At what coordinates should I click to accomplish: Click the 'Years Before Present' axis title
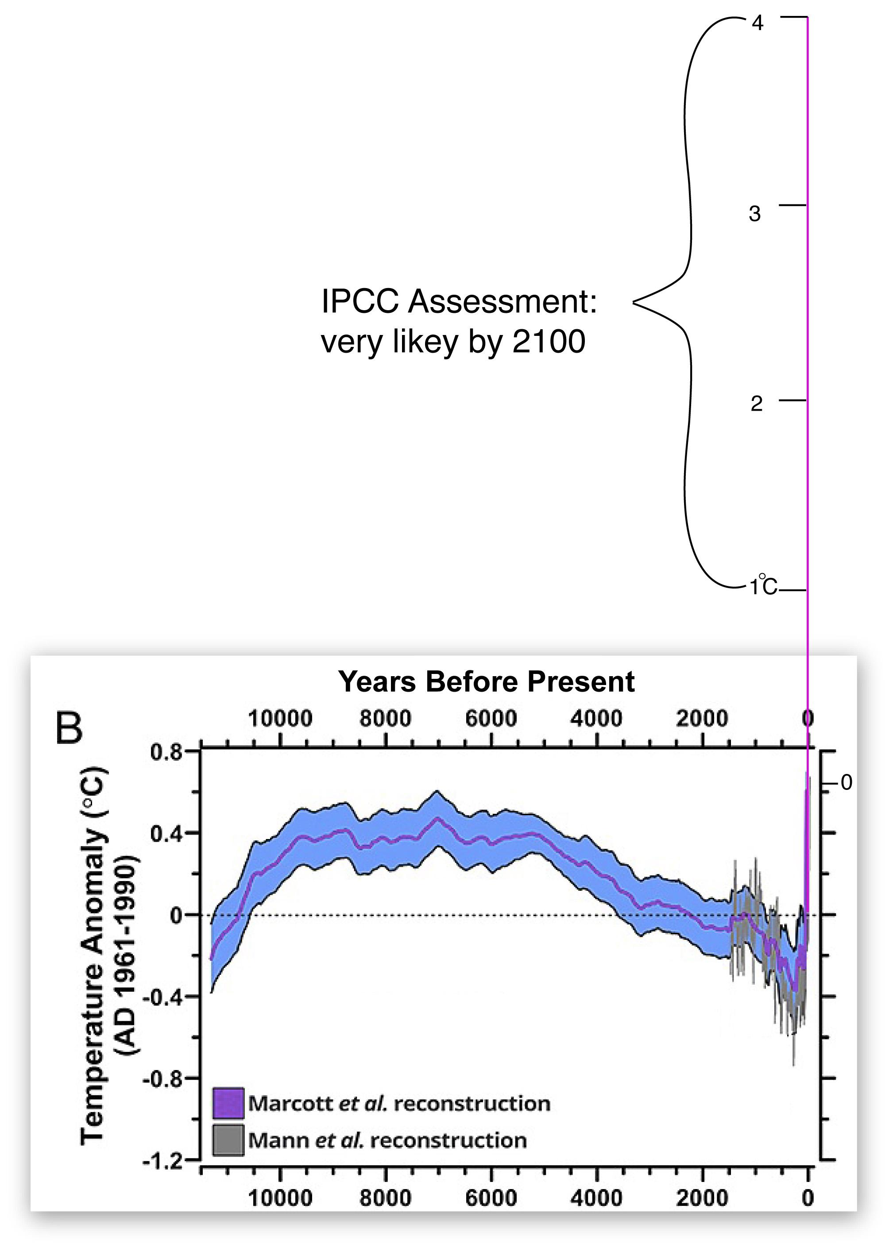click(x=486, y=682)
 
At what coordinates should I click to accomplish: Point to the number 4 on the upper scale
click(x=758, y=23)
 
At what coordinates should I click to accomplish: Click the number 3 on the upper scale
click(x=754, y=214)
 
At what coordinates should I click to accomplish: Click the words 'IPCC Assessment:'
click(x=459, y=302)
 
